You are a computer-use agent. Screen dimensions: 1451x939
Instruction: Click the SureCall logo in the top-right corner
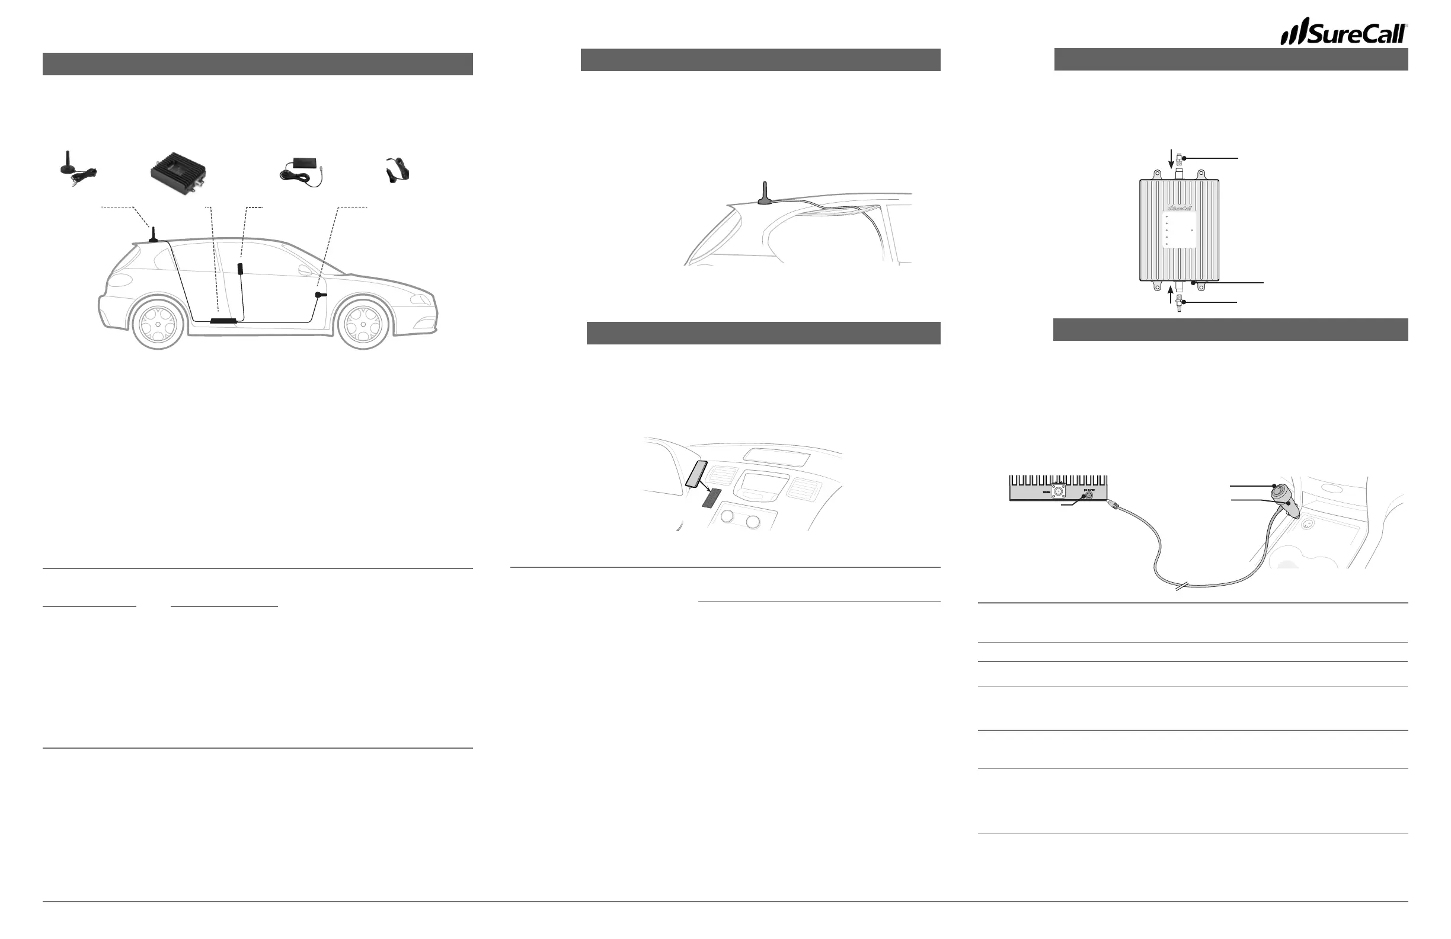(x=1343, y=31)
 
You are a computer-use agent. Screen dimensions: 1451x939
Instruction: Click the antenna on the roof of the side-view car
(x=154, y=234)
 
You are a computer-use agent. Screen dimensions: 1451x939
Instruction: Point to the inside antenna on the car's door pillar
(x=241, y=269)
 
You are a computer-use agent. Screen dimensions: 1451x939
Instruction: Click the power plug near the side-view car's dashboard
(x=320, y=295)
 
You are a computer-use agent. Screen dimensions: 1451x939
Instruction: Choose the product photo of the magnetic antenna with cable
(x=76, y=167)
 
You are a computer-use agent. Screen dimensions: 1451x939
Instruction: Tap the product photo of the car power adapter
(x=398, y=169)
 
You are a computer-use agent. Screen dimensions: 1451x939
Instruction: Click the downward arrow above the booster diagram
(x=1171, y=158)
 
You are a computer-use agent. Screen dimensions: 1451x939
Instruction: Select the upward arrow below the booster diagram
(x=1170, y=295)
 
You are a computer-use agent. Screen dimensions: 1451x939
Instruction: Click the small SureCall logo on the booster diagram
(x=1179, y=208)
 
